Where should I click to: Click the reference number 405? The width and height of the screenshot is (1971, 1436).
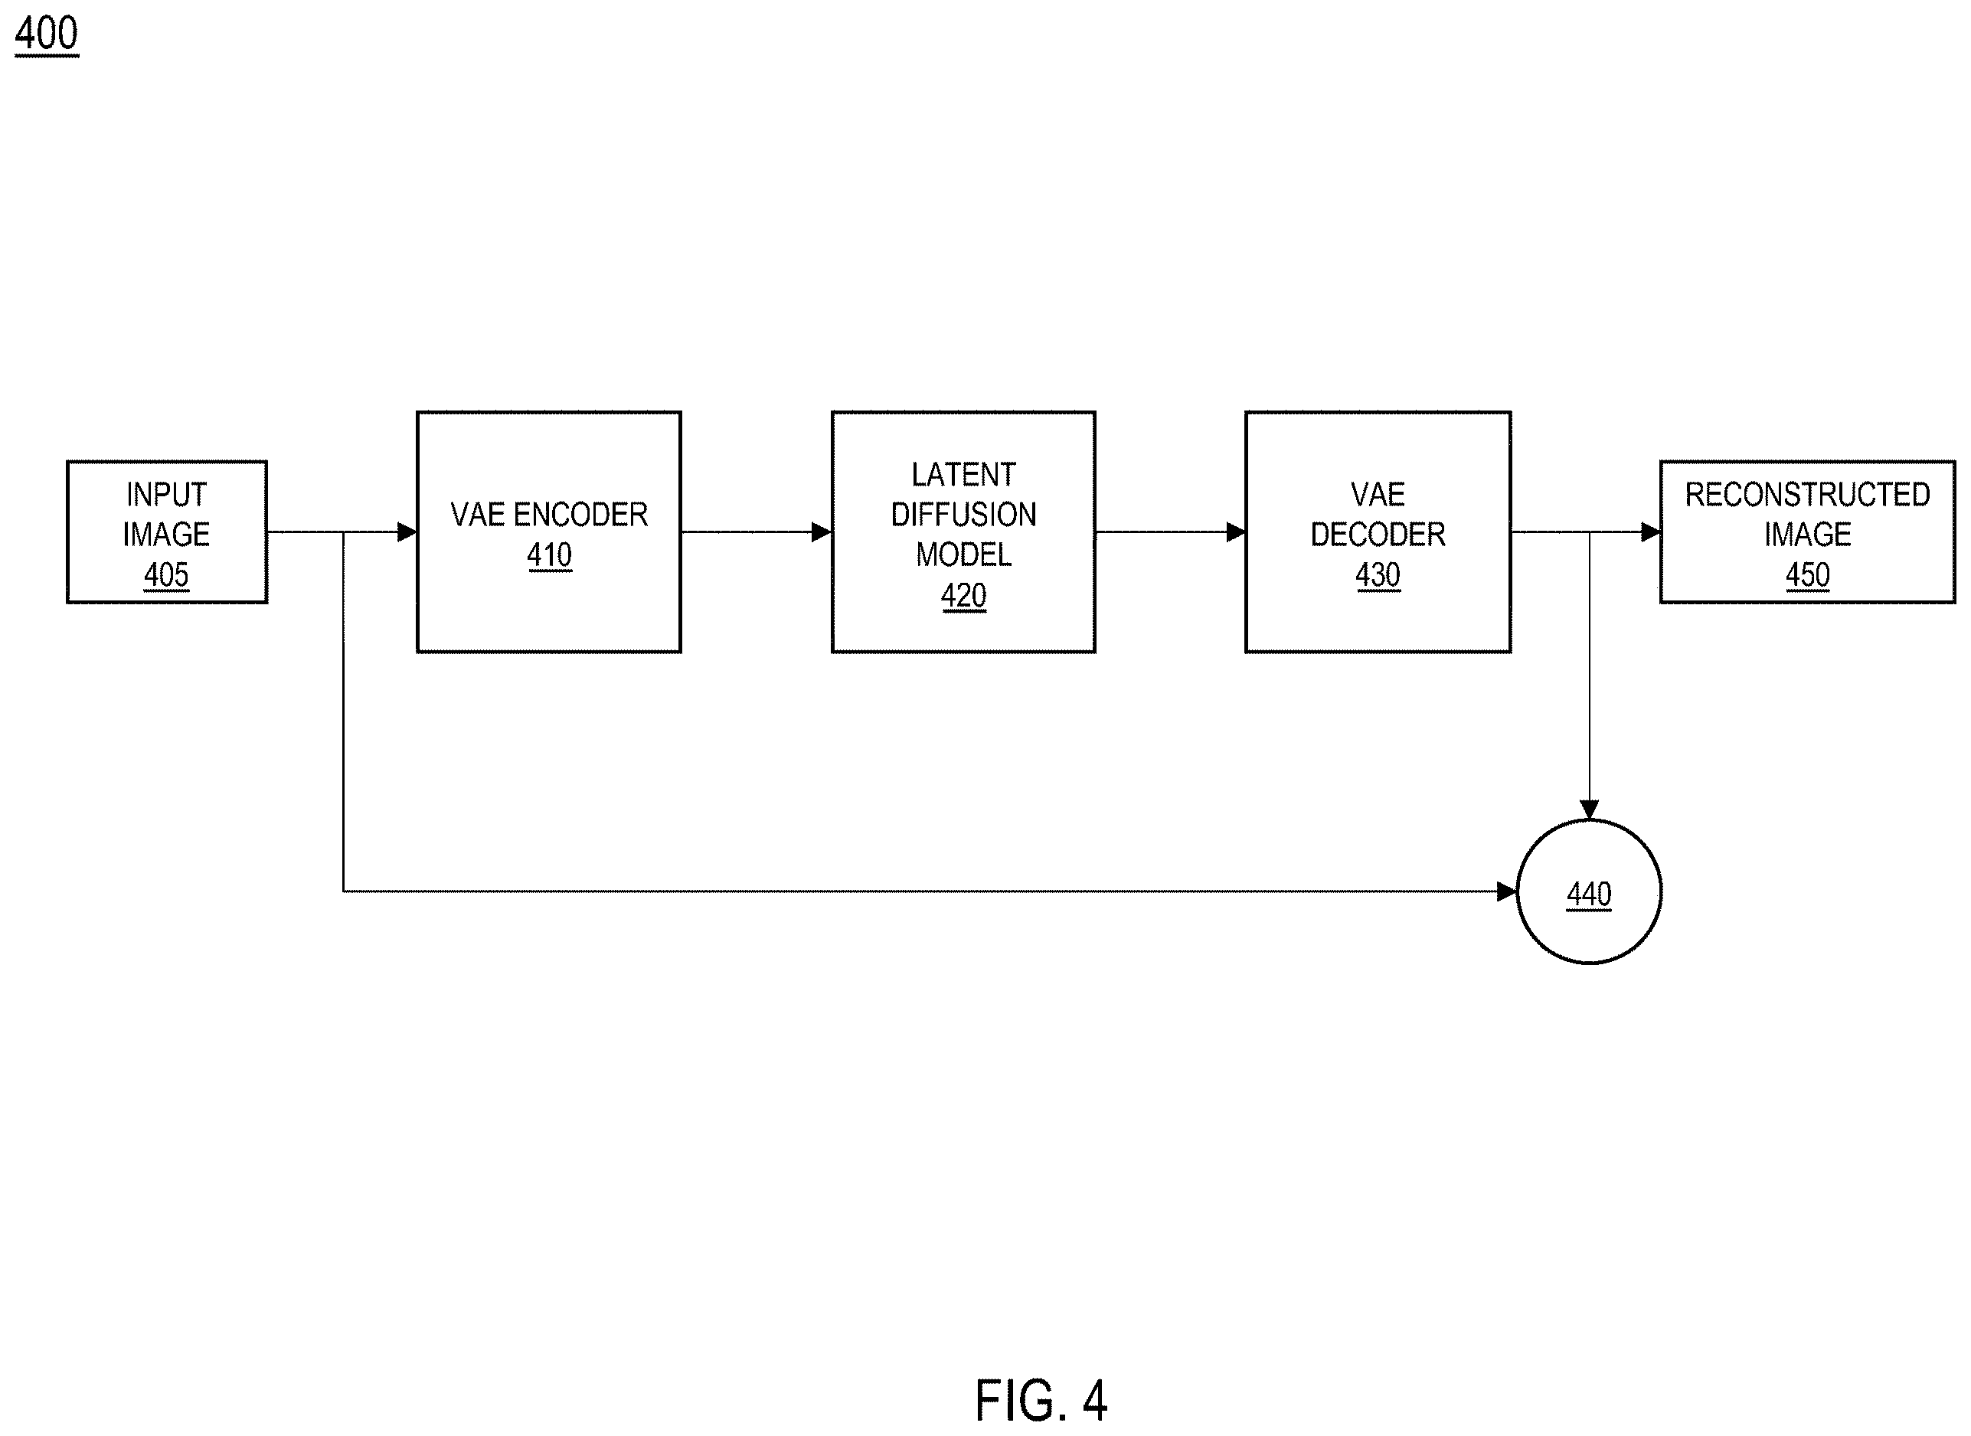click(166, 574)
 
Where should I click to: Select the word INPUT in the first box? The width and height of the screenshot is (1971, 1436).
click(166, 495)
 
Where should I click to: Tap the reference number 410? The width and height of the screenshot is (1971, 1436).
click(549, 554)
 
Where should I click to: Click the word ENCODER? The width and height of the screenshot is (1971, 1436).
click(580, 515)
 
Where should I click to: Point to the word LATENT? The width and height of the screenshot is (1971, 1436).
click(964, 475)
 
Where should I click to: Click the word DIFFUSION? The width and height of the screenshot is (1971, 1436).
click(964, 515)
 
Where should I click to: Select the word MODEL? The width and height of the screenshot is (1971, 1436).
click(964, 554)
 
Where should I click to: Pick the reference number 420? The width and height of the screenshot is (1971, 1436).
click(964, 595)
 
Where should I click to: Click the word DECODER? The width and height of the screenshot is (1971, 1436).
click(1378, 535)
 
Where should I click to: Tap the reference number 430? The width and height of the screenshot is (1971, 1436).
click(1378, 574)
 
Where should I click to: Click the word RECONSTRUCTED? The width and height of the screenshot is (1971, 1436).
click(1808, 495)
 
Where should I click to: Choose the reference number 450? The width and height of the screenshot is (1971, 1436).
click(1808, 574)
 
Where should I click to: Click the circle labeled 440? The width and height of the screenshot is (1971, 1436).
click(1589, 819)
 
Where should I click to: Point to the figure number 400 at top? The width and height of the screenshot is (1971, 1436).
click(47, 34)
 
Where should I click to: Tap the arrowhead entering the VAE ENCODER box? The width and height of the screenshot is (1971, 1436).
click(407, 532)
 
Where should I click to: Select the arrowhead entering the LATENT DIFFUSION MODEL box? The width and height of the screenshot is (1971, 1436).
click(821, 532)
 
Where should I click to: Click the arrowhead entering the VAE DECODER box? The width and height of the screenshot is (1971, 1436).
click(1236, 532)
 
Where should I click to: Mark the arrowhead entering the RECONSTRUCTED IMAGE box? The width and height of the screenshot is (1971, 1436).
click(1650, 532)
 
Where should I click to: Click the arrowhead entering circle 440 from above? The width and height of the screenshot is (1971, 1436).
click(1590, 810)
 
